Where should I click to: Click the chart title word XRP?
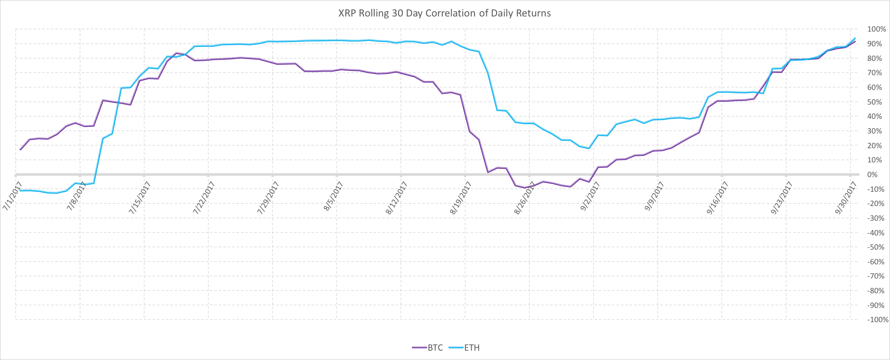pos(347,13)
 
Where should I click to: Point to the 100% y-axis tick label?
pos(876,29)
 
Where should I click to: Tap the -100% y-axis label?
pos(876,320)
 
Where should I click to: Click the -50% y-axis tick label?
pos(877,247)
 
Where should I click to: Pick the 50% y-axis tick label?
pos(877,102)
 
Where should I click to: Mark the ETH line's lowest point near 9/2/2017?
pos(589,148)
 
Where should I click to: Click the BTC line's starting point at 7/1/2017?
pos(20,150)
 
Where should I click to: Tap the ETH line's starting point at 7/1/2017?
pos(20,190)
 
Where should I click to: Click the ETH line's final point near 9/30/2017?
pos(855,38)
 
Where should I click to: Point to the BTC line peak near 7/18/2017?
pos(176,53)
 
